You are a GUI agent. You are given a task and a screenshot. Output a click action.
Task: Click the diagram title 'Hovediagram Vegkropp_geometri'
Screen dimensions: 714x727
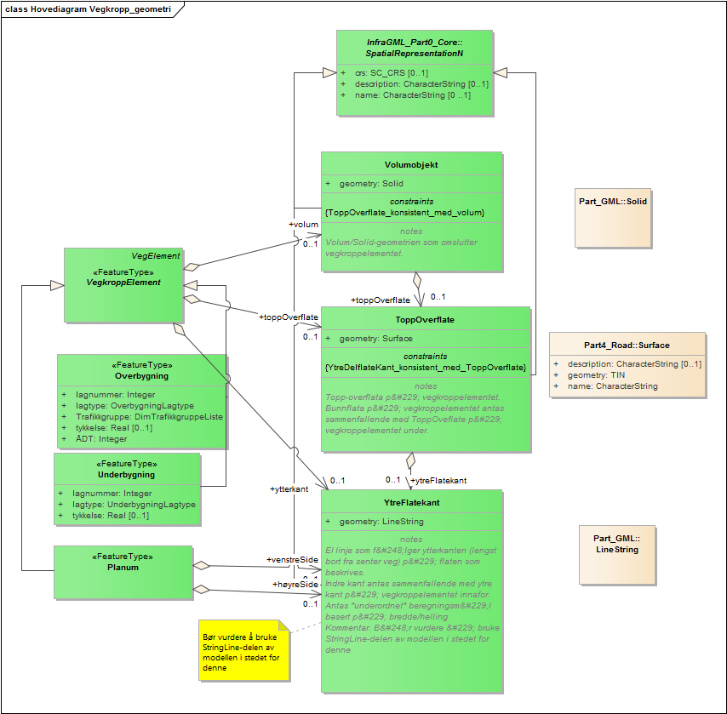point(94,9)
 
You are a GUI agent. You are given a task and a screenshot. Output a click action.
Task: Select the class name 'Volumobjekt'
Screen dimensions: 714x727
point(411,165)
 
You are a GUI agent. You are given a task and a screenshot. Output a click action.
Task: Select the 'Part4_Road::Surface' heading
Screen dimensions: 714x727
point(627,346)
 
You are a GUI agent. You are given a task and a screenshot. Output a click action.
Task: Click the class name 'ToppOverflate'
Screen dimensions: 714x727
point(425,320)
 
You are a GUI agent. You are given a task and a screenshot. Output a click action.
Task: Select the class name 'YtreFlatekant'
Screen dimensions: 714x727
point(411,503)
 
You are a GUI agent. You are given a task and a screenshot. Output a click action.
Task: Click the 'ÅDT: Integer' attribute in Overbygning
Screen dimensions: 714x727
point(100,439)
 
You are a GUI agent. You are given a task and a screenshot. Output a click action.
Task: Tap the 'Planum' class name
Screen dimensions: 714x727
point(123,568)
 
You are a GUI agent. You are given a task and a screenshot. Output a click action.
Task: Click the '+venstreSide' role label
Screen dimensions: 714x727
point(292,560)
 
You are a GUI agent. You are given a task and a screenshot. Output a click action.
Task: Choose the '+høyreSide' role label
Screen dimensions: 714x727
point(295,585)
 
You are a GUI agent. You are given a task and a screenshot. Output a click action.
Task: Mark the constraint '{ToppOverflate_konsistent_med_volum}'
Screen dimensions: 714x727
point(404,212)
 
